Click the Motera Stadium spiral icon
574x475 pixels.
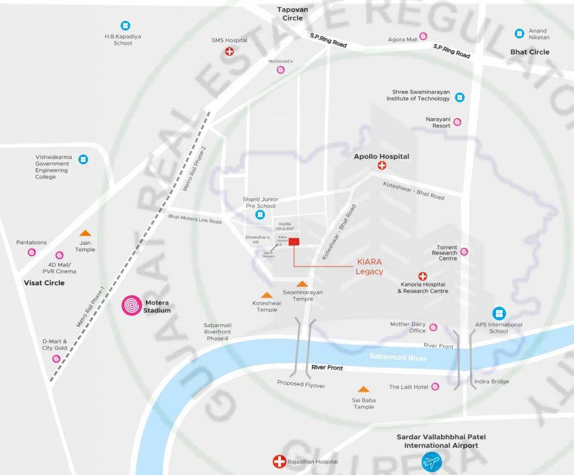[x=132, y=306]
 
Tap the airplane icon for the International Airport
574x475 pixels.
[x=431, y=461]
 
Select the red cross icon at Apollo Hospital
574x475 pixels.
[x=382, y=166]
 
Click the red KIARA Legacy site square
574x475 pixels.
[x=294, y=241]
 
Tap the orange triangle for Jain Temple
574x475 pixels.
[x=85, y=233]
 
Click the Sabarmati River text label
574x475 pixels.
[x=398, y=357]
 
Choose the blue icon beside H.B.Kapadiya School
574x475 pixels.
[x=125, y=26]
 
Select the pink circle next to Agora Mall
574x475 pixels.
[x=423, y=36]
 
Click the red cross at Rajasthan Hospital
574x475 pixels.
[x=279, y=461]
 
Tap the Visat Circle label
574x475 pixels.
[x=44, y=283]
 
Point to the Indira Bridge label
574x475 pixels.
[x=491, y=382]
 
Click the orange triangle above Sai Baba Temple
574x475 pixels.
[x=364, y=389]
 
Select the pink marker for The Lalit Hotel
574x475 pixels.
[x=435, y=387]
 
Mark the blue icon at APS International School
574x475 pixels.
[x=499, y=314]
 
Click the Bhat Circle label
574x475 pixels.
[x=529, y=52]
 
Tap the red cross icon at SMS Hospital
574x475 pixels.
[x=229, y=52]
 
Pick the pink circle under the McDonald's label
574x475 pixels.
[x=281, y=70]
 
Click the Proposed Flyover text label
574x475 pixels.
[x=301, y=385]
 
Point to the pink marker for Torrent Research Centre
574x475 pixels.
[x=464, y=252]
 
